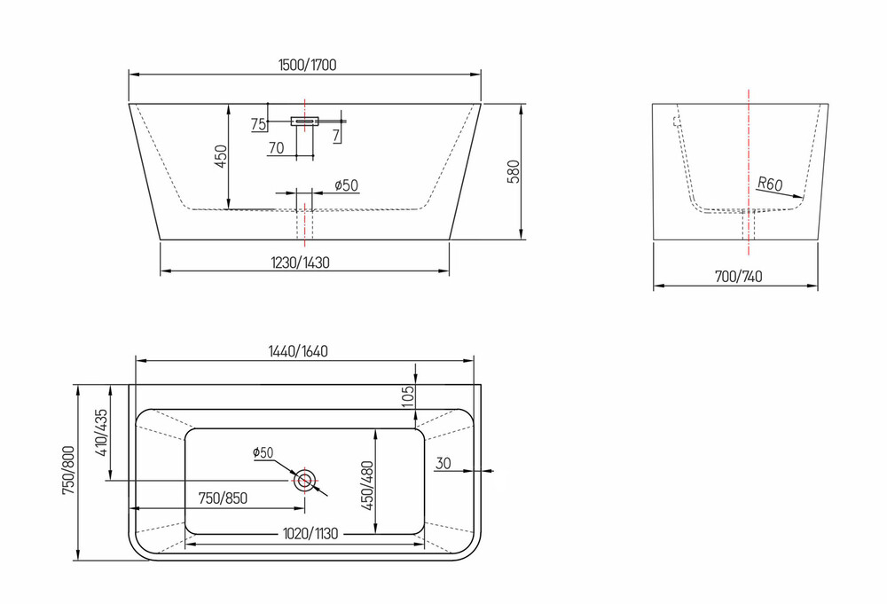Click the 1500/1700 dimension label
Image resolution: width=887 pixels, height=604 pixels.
click(307, 65)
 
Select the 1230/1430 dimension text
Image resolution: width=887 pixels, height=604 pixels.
click(300, 263)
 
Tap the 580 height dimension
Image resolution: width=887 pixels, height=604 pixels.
click(514, 172)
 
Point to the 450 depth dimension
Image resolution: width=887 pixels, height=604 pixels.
click(221, 157)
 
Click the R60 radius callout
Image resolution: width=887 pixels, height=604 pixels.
click(770, 184)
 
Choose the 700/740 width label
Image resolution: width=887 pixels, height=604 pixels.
click(738, 277)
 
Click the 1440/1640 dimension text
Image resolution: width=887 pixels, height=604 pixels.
click(297, 351)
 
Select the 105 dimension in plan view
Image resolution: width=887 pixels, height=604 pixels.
click(408, 397)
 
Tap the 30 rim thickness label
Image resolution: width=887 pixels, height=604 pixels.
click(443, 463)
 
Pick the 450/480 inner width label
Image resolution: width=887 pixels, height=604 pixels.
click(368, 486)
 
